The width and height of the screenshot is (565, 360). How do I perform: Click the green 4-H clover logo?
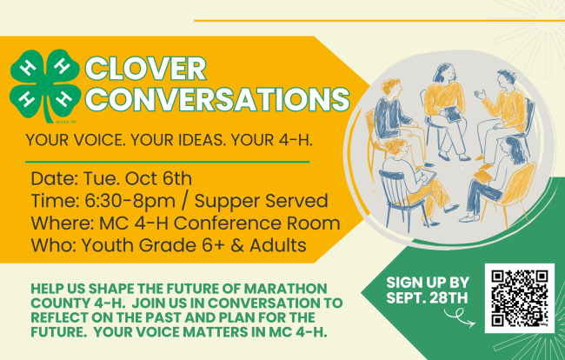(x=44, y=86)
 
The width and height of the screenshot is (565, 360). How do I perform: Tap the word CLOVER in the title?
(x=145, y=69)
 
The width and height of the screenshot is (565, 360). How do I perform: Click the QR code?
(x=520, y=298)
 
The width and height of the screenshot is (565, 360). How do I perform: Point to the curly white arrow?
(x=460, y=317)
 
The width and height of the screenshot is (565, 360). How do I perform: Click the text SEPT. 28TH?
(x=427, y=297)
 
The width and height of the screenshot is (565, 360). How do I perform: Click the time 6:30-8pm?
(x=130, y=201)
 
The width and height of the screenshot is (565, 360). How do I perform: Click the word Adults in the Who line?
(x=278, y=245)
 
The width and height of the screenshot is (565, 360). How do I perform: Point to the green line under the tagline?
(x=168, y=162)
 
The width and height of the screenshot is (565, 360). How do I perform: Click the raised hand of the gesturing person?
(x=481, y=95)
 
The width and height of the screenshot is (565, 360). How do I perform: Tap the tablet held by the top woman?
(x=453, y=114)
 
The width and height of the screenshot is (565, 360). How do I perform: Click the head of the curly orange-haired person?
(x=391, y=88)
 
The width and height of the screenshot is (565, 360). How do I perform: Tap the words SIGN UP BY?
(x=428, y=283)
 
